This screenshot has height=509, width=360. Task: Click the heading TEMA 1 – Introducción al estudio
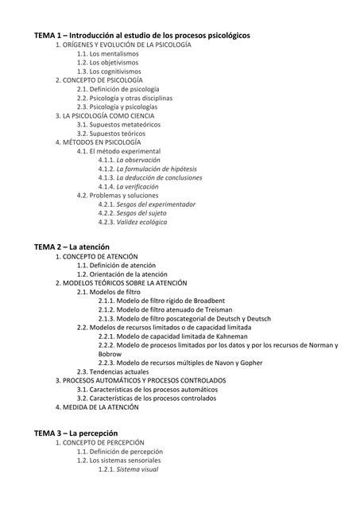(x=141, y=36)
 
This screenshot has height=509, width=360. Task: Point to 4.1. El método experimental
(x=118, y=151)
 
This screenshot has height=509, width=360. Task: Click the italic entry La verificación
(x=143, y=186)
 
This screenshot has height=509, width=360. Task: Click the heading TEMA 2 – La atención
(x=72, y=247)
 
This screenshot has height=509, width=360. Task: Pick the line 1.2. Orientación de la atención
(x=127, y=274)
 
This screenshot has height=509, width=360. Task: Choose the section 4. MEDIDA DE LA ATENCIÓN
(x=97, y=407)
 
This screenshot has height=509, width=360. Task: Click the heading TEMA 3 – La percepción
(x=76, y=433)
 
